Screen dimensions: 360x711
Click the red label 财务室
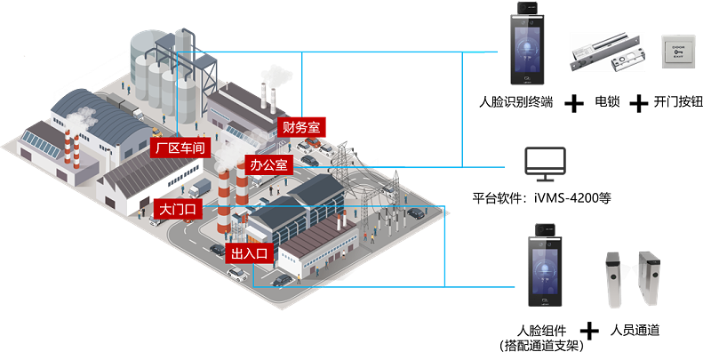tap(300, 127)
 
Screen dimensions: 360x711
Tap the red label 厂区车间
tap(180, 148)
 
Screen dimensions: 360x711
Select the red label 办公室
tap(268, 165)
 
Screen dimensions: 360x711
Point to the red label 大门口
tap(177, 210)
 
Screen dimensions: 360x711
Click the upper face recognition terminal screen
tap(527, 50)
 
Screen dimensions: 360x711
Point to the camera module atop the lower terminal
tap(543, 229)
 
